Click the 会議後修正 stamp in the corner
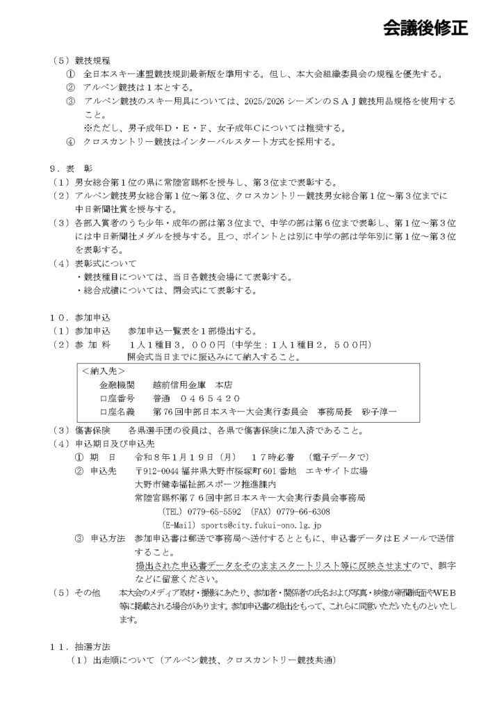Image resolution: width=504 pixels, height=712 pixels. [x=425, y=28]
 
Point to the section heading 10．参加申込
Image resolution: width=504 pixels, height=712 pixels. [x=77, y=317]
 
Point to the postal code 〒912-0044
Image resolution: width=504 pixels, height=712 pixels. [x=159, y=471]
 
